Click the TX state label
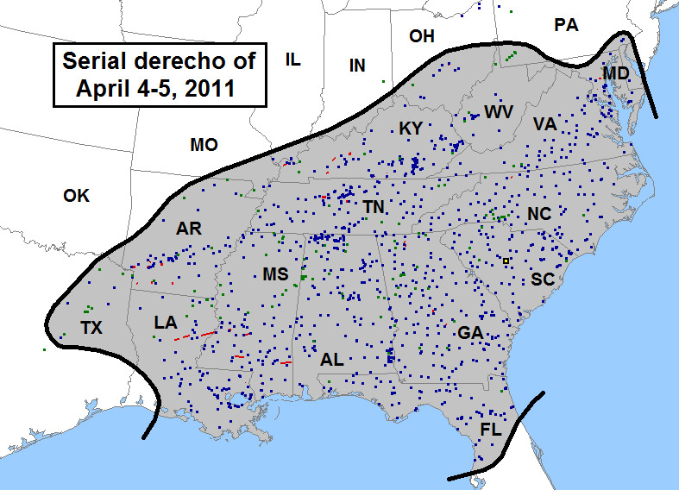91,327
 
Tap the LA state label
166,323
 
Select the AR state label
188,229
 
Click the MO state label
204,144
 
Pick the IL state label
292,59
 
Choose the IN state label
357,66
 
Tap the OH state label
422,35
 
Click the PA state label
566,25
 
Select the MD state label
616,74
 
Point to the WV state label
499,111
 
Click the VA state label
544,124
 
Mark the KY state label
411,129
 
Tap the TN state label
374,207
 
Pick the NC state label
539,213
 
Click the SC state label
542,279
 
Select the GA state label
470,332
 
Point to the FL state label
491,428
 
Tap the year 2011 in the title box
206,87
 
